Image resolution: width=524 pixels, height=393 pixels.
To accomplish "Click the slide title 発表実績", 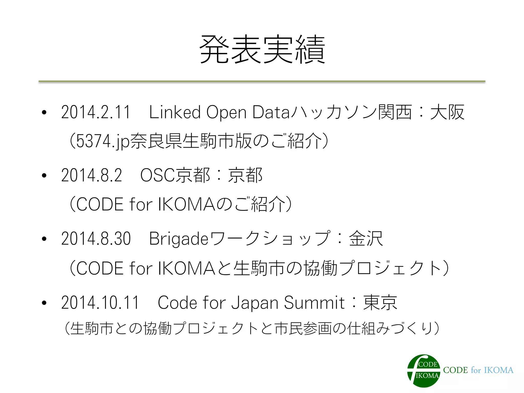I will (x=262, y=49).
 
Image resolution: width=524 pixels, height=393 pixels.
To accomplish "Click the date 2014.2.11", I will (x=96, y=112).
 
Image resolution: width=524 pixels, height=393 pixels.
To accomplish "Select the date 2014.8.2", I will (x=91, y=176).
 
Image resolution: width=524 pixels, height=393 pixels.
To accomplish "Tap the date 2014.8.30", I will (x=96, y=239).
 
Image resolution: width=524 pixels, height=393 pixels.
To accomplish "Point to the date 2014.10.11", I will (x=100, y=302).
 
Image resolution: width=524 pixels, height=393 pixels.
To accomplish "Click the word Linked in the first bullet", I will (x=175, y=112).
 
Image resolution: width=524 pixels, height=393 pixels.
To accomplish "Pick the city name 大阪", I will (x=447, y=112).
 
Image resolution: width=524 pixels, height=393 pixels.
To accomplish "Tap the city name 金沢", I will (x=366, y=239).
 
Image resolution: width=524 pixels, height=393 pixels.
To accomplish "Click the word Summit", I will (x=314, y=302).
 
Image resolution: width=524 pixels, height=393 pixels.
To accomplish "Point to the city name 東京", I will (x=380, y=302).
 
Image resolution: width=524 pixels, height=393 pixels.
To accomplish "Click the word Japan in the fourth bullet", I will (x=255, y=302).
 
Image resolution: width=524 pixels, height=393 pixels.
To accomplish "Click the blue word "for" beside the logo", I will (x=476, y=370).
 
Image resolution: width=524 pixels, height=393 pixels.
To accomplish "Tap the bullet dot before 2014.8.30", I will (x=44, y=239).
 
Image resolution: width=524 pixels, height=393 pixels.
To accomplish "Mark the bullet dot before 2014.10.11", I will (x=44, y=303).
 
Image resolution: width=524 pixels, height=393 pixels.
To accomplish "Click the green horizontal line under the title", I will (x=262, y=81).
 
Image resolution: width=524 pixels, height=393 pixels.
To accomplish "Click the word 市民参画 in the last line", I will (x=303, y=329).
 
